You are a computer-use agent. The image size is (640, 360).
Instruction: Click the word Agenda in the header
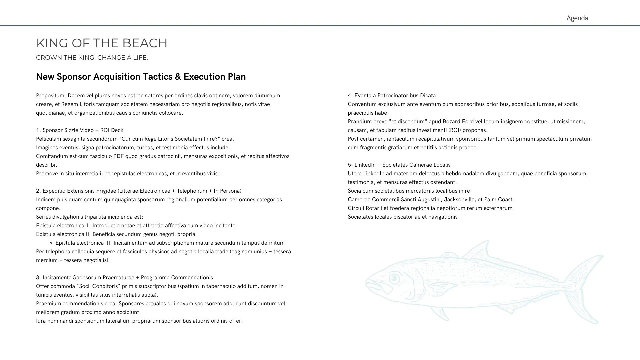click(577, 18)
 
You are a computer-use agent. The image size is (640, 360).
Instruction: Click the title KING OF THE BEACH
click(102, 43)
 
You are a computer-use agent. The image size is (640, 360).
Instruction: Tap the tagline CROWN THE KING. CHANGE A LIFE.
click(92, 58)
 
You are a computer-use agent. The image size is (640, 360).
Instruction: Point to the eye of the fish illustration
click(394, 278)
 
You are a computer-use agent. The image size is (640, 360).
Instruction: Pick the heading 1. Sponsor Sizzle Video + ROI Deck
click(80, 130)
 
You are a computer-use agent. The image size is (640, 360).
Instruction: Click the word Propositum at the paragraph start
click(51, 96)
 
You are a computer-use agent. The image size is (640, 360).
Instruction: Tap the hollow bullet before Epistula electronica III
click(51, 243)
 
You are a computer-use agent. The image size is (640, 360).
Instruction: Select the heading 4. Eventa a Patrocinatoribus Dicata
click(392, 96)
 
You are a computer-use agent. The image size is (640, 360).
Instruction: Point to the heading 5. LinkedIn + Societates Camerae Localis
click(399, 165)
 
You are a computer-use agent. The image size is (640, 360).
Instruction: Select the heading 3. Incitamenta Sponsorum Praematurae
click(124, 278)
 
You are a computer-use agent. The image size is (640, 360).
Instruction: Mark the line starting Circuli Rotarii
click(430, 208)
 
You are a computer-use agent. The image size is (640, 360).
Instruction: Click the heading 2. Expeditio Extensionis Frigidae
click(139, 191)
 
